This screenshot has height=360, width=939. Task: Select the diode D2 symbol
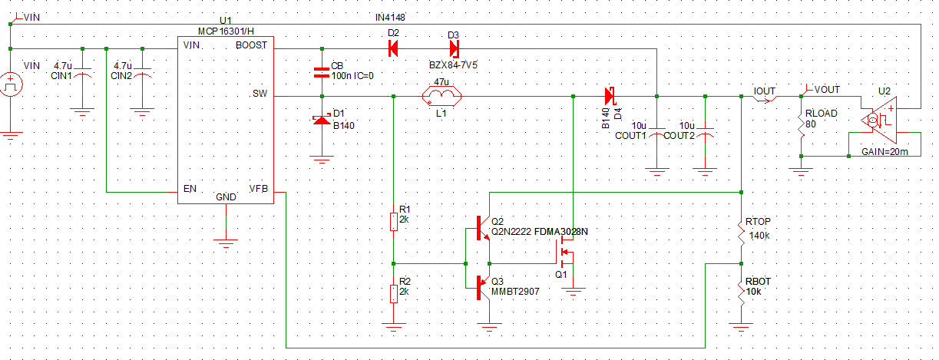pos(393,49)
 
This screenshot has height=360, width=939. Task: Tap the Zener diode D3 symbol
pos(453,49)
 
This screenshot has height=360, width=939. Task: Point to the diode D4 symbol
pos(610,97)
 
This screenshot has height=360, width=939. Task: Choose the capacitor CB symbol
pos(321,74)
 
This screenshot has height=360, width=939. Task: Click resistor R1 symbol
pos(393,222)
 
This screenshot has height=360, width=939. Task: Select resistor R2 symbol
pos(393,294)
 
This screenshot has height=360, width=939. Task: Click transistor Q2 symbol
pos(481,229)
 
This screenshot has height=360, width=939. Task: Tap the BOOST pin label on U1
pos(251,45)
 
